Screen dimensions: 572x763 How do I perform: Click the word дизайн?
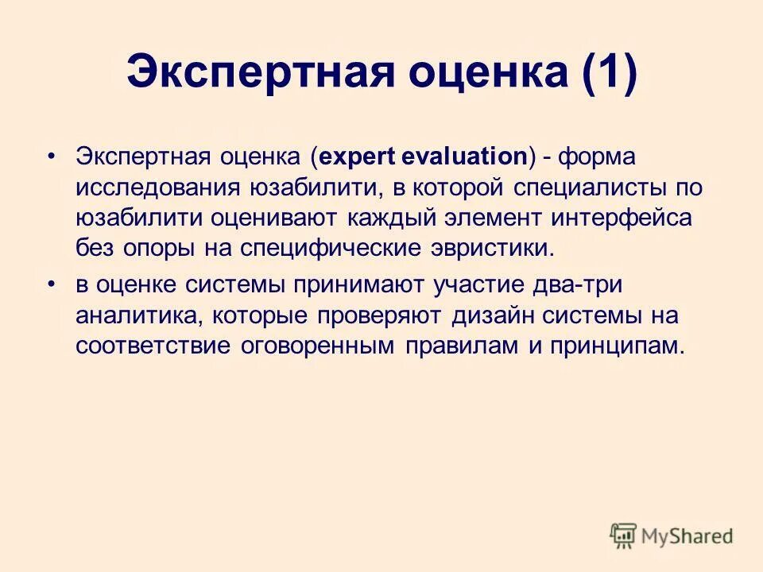[490, 315]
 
